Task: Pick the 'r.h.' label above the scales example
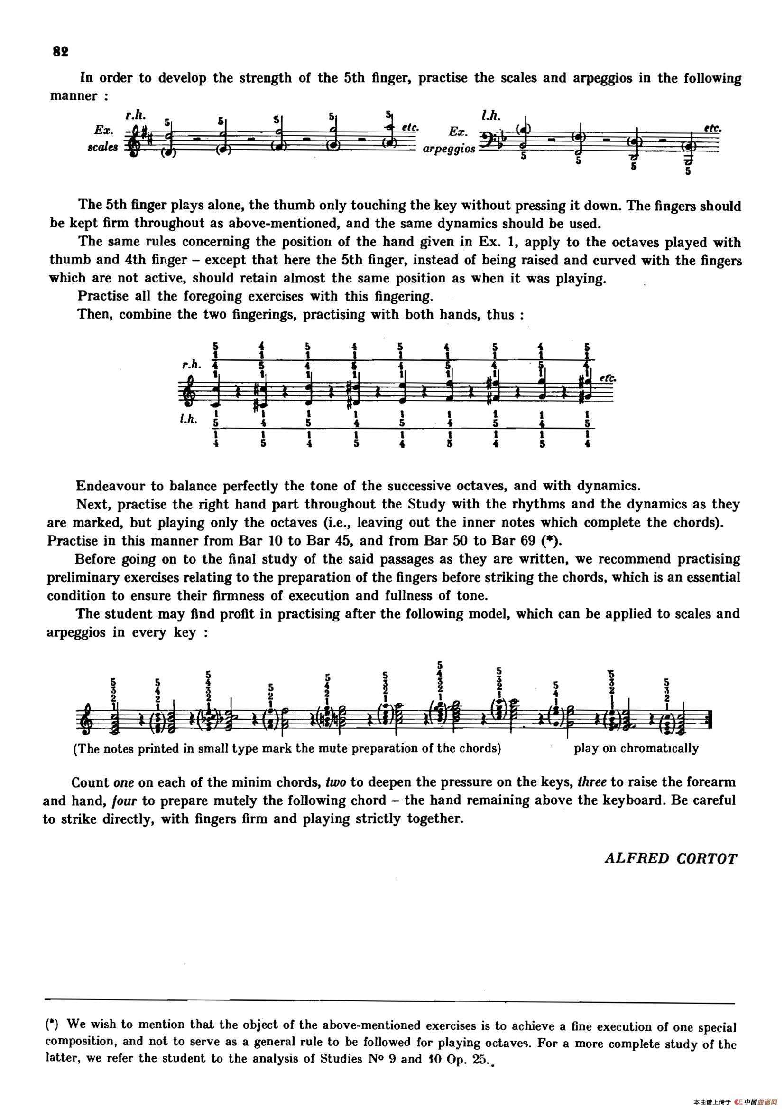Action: click(136, 115)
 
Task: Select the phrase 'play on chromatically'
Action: click(636, 749)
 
